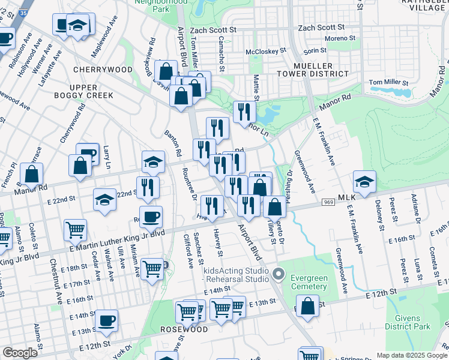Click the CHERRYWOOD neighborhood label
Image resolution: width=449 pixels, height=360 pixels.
(x=102, y=70)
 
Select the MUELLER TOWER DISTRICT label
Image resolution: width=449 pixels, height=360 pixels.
(x=321, y=70)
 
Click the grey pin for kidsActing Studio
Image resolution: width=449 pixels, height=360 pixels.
(x=278, y=275)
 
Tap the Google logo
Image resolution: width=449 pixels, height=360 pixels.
(x=20, y=353)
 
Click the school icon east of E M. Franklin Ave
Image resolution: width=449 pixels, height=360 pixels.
(x=364, y=180)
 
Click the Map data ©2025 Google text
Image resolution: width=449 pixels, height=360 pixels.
(x=412, y=355)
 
